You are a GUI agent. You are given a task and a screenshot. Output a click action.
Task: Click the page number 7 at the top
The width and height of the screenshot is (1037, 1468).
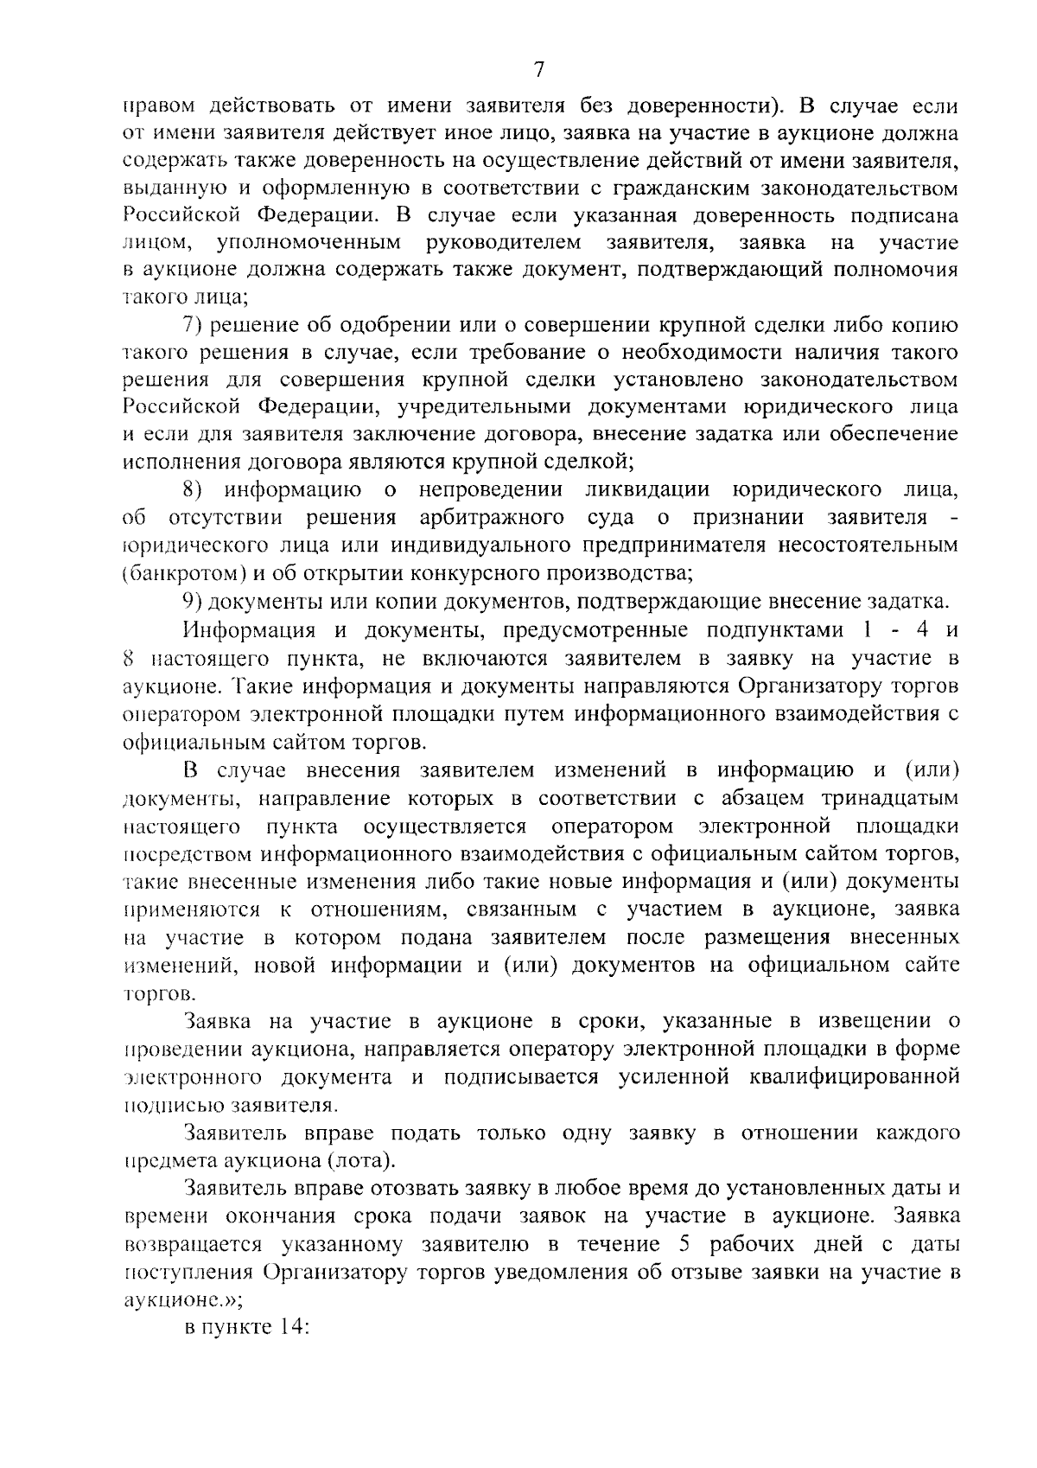pyautogui.click(x=538, y=68)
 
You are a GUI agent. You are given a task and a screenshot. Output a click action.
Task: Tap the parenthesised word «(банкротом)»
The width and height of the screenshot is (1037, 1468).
pyautogui.click(x=181, y=573)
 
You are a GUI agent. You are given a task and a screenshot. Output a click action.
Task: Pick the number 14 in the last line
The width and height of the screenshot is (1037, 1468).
pyautogui.click(x=288, y=1327)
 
